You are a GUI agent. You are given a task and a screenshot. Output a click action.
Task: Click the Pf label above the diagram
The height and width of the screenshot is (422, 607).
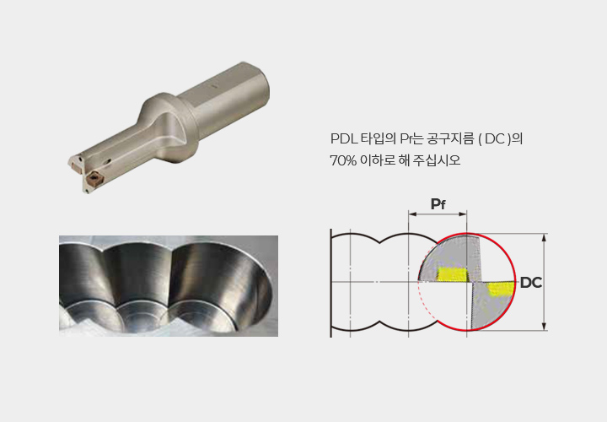pos(438,204)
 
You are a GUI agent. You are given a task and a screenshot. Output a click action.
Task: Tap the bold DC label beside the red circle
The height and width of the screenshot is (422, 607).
pos(531,283)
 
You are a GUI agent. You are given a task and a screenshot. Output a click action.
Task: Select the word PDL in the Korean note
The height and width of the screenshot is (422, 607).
pos(344,138)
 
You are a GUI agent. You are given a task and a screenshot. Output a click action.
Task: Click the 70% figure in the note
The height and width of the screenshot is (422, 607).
pos(343,160)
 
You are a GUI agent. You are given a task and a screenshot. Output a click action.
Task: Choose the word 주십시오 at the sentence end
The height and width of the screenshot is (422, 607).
pos(437,160)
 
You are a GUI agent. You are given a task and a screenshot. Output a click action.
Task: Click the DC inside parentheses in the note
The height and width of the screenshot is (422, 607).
pos(495,138)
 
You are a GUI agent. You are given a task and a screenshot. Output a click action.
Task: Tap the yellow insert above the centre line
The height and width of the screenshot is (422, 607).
pos(453,274)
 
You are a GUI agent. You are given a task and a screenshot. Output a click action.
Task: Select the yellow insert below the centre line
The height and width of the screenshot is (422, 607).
pos(501,289)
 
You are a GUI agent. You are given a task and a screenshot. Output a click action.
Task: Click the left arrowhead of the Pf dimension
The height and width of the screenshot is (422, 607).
pos(412,214)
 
